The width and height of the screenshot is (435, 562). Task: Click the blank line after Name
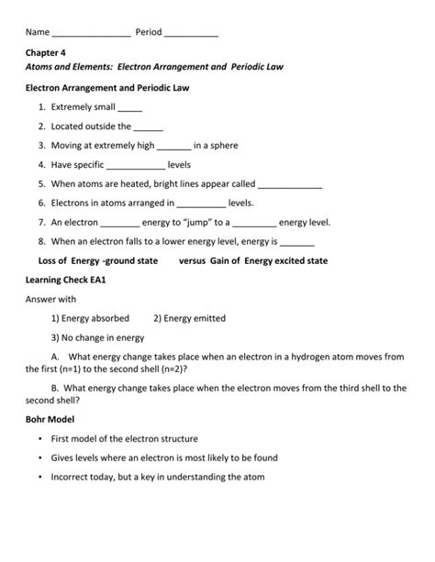91,34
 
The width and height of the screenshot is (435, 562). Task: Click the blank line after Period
192,34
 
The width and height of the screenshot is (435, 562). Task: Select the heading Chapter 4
45,53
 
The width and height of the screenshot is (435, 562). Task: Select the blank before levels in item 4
136,166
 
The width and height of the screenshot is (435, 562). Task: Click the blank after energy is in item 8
296,243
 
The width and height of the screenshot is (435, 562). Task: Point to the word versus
195,260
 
